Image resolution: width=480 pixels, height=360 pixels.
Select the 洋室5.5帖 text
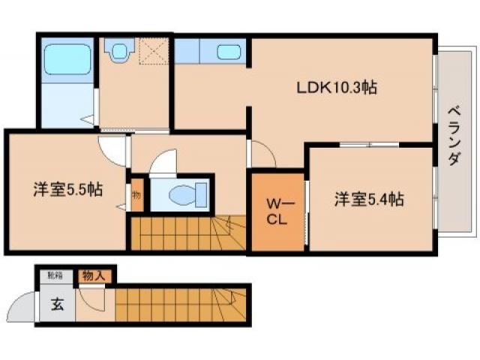[67, 190]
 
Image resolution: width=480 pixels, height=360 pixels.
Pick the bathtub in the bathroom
[66, 57]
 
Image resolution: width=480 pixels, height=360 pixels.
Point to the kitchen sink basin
[229, 52]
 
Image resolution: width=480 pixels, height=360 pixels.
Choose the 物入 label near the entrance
[95, 276]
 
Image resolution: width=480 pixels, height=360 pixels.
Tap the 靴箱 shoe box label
[56, 276]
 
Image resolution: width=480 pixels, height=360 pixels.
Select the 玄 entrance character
[57, 304]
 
